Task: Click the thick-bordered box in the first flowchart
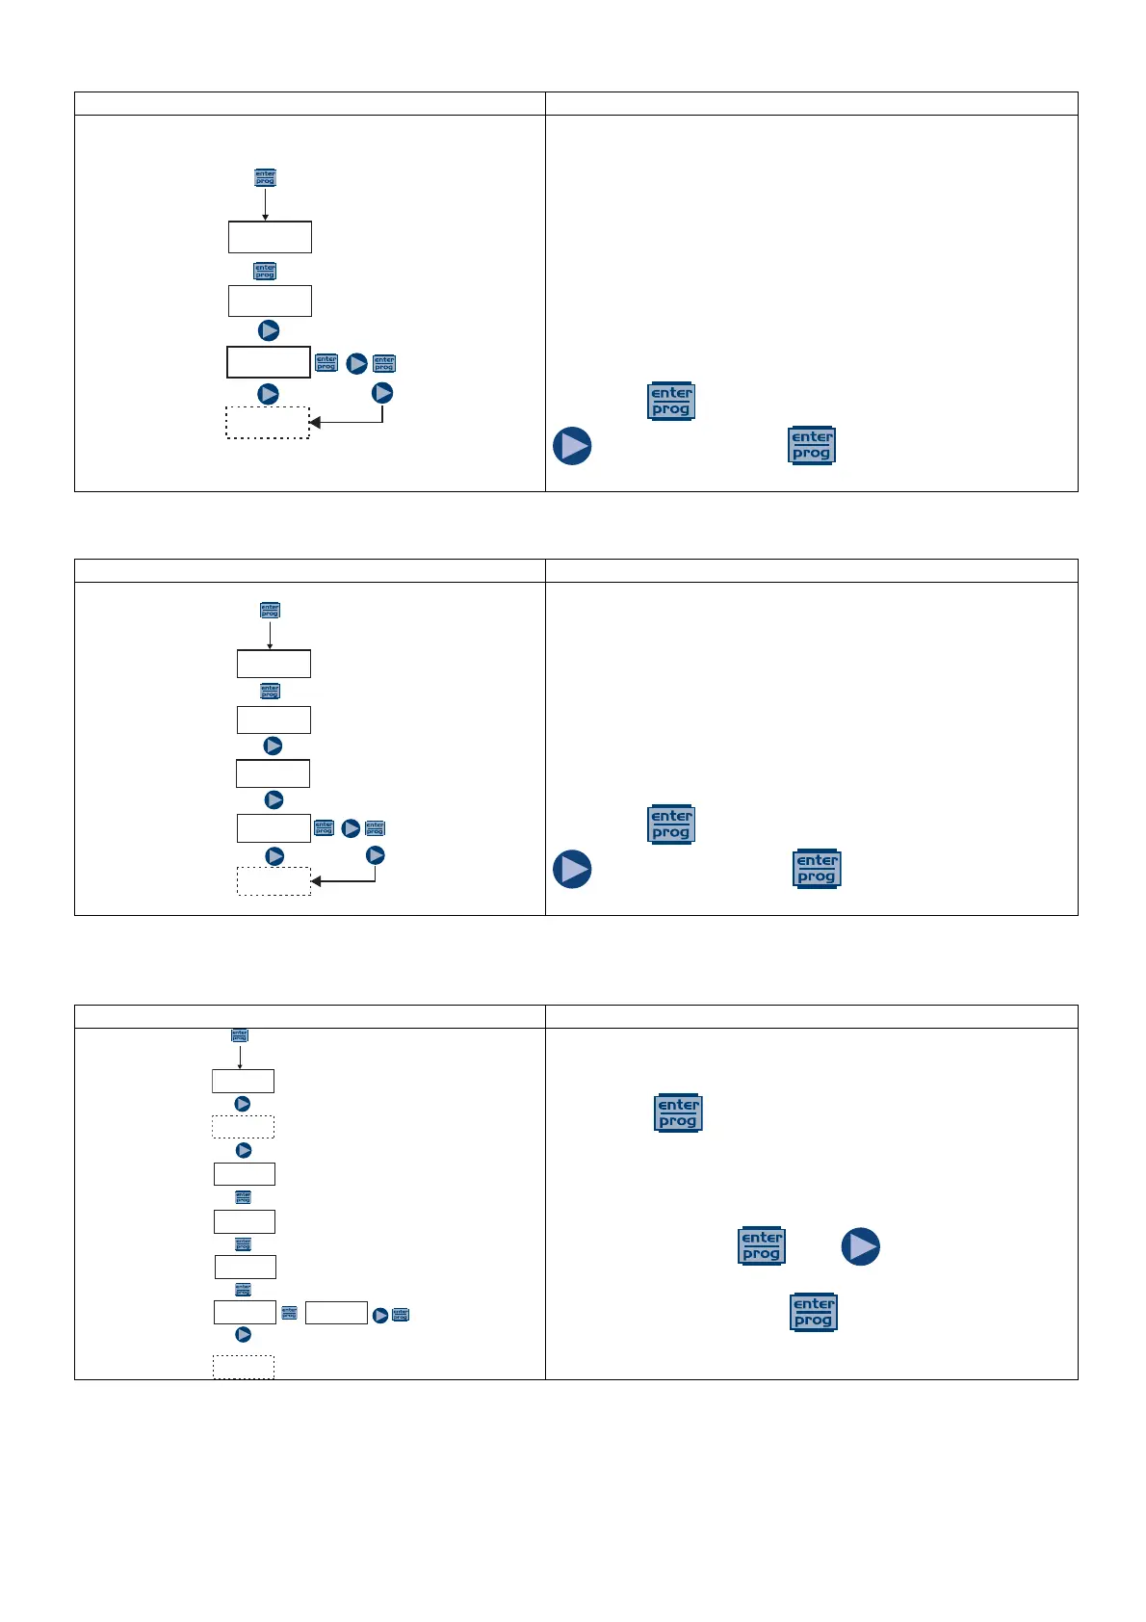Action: pos(269,362)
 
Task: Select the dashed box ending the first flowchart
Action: pos(268,423)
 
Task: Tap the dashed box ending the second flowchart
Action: pos(274,881)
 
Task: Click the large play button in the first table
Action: pos(572,447)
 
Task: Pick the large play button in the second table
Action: pos(572,869)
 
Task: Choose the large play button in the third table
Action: pos(861,1246)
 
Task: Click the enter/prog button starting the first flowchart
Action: pos(265,178)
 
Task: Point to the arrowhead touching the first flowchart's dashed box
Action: pos(314,423)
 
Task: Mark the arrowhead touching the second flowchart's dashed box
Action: pos(316,881)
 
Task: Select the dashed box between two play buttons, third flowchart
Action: pos(244,1127)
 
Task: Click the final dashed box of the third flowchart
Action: pos(244,1367)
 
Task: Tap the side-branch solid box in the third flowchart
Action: pos(336,1313)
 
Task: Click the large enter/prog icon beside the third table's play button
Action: pos(762,1246)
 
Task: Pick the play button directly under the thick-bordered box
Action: pos(269,394)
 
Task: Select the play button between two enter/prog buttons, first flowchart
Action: pos(356,364)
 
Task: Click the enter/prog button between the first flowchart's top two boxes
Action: pos(265,272)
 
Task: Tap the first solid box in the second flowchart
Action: pos(274,664)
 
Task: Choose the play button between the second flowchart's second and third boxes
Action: pos(273,746)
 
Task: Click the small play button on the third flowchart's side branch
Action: pos(380,1315)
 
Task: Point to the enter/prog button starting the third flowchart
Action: pos(240,1035)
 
